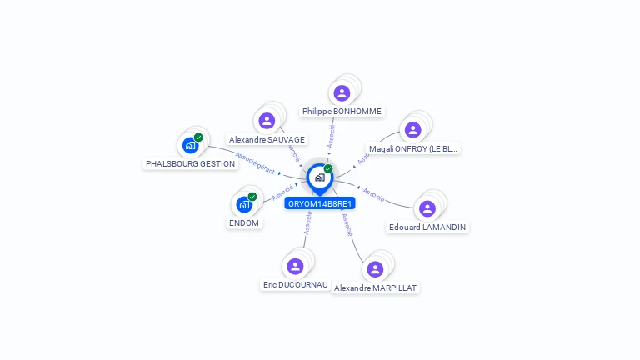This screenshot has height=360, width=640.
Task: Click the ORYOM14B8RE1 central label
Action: coord(320,203)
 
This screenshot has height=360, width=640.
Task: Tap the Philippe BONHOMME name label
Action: coord(342,111)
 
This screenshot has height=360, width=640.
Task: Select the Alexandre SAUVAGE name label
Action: coord(267,139)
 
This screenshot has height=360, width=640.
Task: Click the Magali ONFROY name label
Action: coord(413,149)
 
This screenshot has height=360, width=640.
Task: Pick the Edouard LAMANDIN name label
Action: coord(427,227)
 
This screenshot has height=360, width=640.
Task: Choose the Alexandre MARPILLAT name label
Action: coord(375,287)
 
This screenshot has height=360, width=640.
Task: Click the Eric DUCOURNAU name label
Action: coord(295,284)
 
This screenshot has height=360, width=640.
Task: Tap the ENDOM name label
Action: coord(245,222)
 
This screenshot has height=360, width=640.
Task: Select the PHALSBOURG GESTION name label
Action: coord(190,164)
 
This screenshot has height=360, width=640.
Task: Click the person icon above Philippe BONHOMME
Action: coord(342,92)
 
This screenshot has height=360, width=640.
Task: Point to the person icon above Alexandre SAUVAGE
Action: coord(267,121)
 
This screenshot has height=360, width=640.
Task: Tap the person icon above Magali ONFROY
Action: coord(412,130)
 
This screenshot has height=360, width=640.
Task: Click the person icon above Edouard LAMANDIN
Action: coord(427,208)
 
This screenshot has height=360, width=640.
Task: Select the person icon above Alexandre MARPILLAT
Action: coord(375,268)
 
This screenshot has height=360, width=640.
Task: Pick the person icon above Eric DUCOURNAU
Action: coord(295,266)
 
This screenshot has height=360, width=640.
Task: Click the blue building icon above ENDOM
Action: coord(244,204)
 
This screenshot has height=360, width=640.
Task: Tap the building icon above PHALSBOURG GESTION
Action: coord(190,146)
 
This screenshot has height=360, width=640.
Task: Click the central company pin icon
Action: coord(319,177)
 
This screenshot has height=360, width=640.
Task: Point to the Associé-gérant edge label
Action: coord(254,162)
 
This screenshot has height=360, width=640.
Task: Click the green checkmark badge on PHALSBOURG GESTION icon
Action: coord(198,137)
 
